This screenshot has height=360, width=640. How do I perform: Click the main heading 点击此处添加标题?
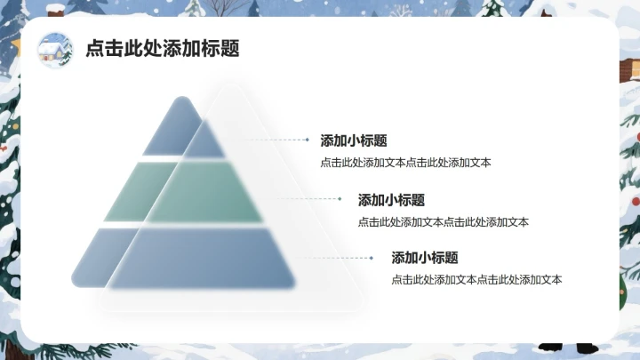[162, 49]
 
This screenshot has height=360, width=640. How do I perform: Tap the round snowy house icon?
[55, 50]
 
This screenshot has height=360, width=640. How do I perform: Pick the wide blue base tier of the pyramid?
[182, 258]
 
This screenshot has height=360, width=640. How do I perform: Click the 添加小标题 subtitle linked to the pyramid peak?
[353, 140]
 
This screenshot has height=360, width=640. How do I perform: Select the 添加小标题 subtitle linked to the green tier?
[391, 200]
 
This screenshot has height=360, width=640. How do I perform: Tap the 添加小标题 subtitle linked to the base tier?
[425, 258]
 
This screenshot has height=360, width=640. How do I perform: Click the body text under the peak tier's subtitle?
[405, 163]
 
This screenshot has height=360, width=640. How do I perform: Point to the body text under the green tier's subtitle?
[443, 222]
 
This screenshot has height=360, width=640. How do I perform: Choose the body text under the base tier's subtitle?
[476, 280]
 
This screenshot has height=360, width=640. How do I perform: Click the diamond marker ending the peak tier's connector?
[308, 140]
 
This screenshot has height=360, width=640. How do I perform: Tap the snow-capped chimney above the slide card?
[55, 10]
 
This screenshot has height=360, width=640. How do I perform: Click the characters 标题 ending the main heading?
[227, 49]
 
